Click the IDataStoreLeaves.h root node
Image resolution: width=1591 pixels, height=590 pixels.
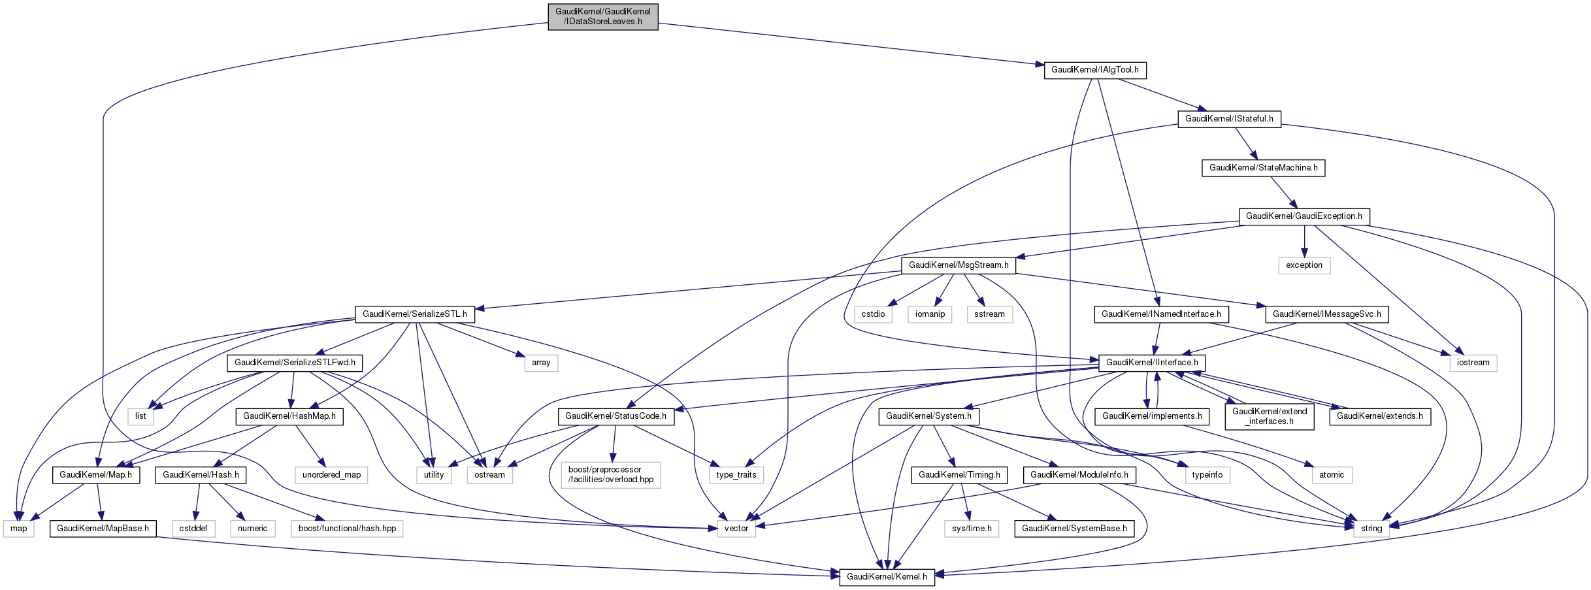click(x=602, y=16)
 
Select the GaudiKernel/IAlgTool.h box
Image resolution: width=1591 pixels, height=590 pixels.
click(x=1094, y=70)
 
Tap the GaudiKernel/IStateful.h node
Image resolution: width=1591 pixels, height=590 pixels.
click(x=1228, y=119)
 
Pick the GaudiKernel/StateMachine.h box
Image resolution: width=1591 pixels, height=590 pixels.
click(x=1263, y=168)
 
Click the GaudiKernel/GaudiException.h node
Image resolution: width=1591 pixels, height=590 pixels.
click(x=1304, y=216)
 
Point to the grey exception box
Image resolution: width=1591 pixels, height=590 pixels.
click(x=1304, y=265)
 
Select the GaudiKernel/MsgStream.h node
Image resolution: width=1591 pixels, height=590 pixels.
click(x=958, y=265)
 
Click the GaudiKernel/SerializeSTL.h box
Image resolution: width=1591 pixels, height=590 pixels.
click(x=414, y=314)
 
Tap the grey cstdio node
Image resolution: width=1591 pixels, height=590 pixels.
click(x=872, y=314)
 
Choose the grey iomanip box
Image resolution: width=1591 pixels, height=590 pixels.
click(x=929, y=314)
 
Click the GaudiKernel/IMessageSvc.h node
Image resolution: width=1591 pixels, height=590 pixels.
click(x=1326, y=314)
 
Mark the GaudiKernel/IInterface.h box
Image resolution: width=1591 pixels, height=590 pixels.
click(x=1151, y=363)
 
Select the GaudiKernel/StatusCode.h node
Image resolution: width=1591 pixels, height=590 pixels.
click(x=615, y=416)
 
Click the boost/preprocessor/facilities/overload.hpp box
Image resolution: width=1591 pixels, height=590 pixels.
click(x=610, y=474)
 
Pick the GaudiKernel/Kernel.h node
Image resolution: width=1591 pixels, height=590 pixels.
click(x=886, y=577)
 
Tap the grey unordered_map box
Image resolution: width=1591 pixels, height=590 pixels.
click(x=331, y=475)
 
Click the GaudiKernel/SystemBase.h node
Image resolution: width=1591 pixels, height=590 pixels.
click(x=1074, y=529)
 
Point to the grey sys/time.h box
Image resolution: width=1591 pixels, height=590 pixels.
click(x=971, y=529)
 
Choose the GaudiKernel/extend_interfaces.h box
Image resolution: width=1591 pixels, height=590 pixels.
click(x=1269, y=416)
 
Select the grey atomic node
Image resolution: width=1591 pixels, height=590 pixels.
click(x=1331, y=475)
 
